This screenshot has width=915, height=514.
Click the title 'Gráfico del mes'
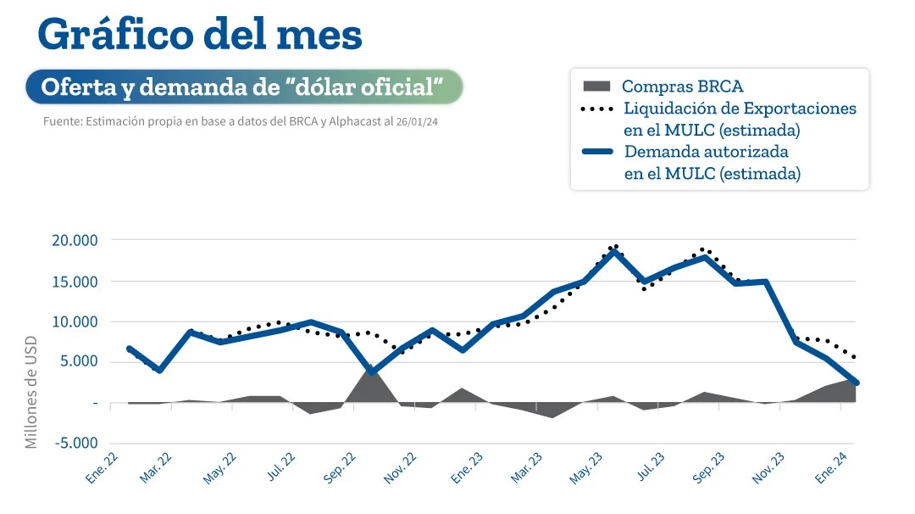pos(200,36)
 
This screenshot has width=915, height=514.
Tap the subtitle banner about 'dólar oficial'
pos(244,87)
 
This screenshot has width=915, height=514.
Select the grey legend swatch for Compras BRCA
pos(596,86)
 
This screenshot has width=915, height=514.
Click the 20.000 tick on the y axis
pos(75,241)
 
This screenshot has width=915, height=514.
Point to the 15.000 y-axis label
pos(75,282)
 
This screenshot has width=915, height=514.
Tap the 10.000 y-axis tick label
pos(75,322)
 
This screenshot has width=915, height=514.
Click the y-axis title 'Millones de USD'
pos(31,389)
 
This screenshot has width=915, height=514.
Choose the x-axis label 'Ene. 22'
pos(102,467)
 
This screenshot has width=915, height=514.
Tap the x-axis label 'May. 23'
pos(585,467)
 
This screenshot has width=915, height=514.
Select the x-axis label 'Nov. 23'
pos(768,467)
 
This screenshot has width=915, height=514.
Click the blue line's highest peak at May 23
pos(614,251)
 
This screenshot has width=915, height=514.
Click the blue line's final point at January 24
pos(856,383)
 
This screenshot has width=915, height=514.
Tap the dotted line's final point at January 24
pos(855,357)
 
